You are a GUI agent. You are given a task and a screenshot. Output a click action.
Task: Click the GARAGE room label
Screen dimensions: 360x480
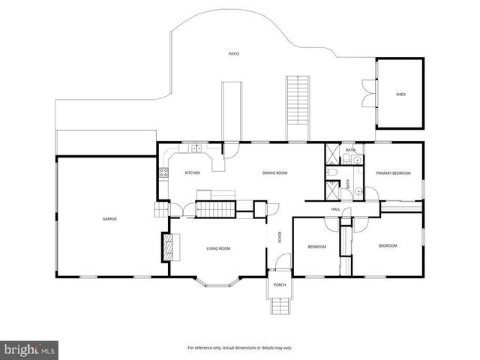109,218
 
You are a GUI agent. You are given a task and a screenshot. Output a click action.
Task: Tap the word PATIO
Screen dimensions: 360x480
234,54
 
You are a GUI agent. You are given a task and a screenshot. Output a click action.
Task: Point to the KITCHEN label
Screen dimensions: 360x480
193,173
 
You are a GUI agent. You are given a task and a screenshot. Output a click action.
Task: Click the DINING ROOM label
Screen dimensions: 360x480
275,173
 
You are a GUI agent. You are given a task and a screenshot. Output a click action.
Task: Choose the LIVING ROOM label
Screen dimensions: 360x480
218,248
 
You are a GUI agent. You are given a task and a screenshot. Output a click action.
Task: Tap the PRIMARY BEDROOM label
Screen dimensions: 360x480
394,173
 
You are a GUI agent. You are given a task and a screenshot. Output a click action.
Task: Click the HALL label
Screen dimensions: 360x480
336,209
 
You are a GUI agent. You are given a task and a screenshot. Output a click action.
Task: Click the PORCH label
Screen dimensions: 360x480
279,285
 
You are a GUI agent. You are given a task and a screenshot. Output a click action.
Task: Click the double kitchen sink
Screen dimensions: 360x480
196,148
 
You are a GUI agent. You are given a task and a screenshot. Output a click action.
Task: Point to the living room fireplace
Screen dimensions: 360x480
168,247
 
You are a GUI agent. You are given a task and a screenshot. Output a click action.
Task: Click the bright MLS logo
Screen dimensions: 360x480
30,349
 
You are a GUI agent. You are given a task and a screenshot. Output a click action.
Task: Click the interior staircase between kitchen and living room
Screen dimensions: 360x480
216,208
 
